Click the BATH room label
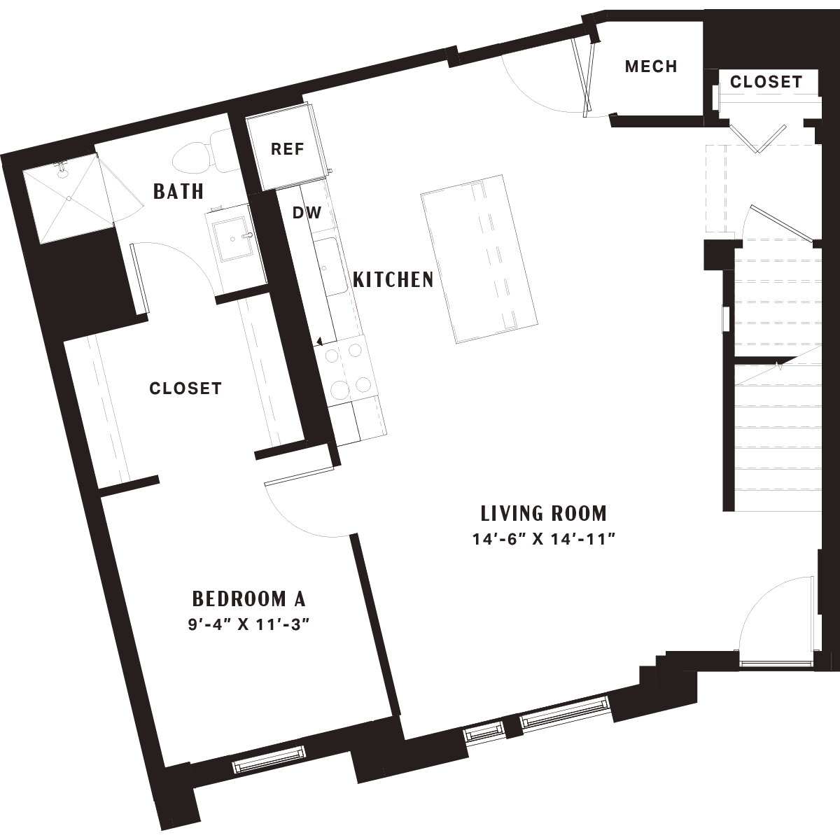178,191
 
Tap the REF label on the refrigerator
287,149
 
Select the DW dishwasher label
307,213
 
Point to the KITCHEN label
393,279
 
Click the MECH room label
651,66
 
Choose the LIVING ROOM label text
544,514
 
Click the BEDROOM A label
249,599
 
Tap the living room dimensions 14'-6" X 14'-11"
544,540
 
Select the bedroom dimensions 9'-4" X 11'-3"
248,624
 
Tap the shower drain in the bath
69,198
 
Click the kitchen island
479,259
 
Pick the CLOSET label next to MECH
766,81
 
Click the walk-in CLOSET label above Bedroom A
185,388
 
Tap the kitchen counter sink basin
330,266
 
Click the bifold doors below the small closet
758,139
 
